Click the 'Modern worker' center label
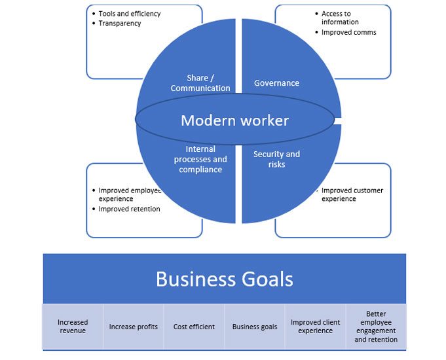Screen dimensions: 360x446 234,120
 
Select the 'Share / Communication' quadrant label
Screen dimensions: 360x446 200,83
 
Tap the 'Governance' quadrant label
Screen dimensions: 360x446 276,83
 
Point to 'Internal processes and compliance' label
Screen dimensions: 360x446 200,160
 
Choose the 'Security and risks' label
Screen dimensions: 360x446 276,159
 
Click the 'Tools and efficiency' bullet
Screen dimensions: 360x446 129,14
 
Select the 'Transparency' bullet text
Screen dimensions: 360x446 120,24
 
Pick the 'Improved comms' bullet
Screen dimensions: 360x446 348,32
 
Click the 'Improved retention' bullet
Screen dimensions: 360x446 129,209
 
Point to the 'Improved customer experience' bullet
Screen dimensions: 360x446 352,194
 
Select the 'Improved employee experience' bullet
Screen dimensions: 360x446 129,194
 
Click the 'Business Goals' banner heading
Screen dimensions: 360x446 224,279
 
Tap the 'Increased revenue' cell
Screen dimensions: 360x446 73,327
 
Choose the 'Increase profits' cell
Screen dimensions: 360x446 133,327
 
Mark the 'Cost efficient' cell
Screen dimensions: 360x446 194,327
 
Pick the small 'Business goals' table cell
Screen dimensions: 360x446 255,327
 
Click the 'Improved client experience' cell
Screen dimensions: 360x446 316,327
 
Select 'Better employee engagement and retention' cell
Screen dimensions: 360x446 376,327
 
